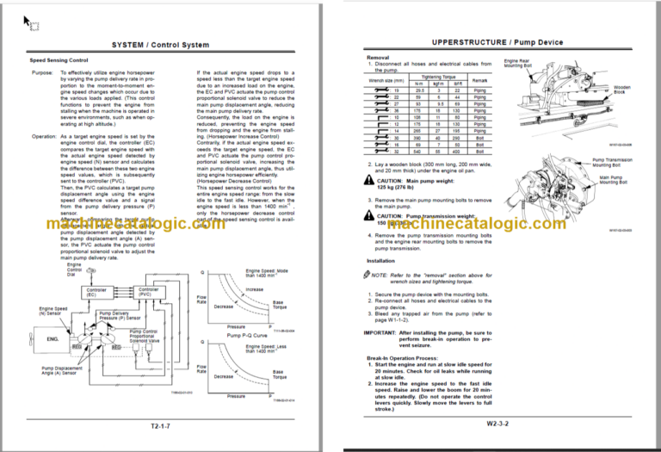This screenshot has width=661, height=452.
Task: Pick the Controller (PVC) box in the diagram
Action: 148,293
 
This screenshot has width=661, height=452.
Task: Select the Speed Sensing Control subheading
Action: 59,61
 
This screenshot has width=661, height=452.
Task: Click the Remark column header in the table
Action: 479,82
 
